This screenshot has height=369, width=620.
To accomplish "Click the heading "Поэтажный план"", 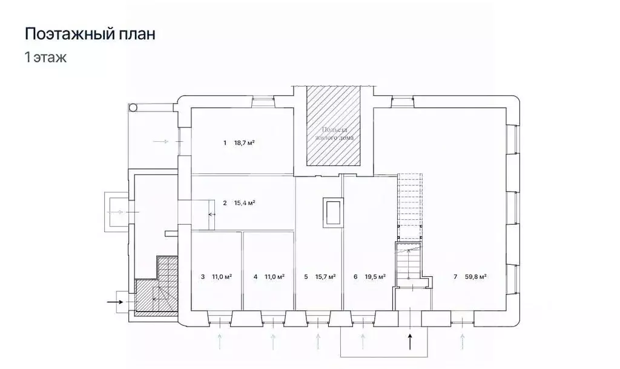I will point(90,34).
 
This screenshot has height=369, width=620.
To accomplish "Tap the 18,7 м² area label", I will point(244,144).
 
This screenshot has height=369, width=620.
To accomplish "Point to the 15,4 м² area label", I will point(244,203).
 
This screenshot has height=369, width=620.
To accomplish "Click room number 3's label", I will point(202,277).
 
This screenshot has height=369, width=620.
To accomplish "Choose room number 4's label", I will point(256,277).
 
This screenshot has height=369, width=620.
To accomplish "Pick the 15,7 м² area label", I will point(326,277).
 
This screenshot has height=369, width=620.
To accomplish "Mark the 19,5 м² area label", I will point(376,277).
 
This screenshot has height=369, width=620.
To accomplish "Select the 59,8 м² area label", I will point(476,277).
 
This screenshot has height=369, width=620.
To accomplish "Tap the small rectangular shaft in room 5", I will point(332,212).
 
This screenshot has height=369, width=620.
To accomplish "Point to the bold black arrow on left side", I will point(114,300).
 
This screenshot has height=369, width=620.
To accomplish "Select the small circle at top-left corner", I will point(133,107).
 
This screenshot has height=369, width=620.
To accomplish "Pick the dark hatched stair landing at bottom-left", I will point(147,297).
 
